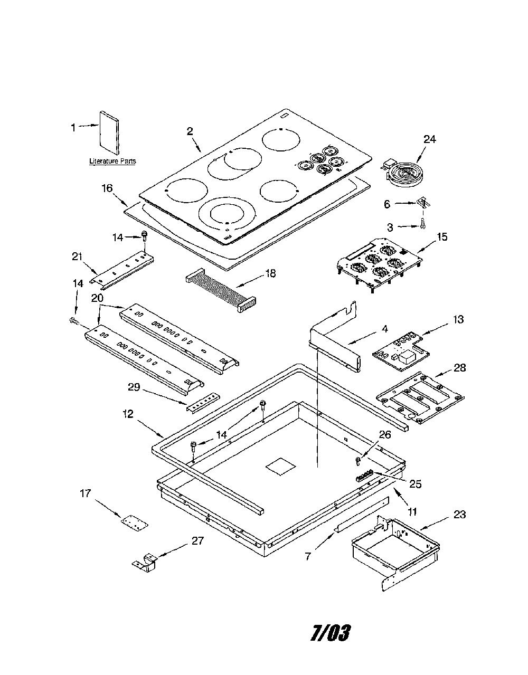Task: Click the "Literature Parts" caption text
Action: tap(112, 161)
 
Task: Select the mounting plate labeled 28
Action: tap(420, 398)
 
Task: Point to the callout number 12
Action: tap(128, 414)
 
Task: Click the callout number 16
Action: tap(107, 188)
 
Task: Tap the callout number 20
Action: tap(97, 298)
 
